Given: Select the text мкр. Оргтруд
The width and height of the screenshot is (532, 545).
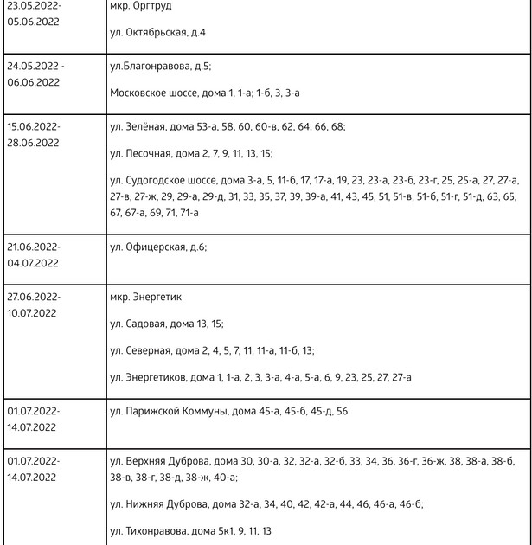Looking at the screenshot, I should (141, 5).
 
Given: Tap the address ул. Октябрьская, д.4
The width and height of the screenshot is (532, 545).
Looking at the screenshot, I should (159, 32).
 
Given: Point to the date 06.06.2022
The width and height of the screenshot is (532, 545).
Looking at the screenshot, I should (34, 82).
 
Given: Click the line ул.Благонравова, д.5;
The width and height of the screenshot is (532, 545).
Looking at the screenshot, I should (161, 66).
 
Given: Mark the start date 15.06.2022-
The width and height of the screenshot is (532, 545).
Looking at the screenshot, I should (34, 126).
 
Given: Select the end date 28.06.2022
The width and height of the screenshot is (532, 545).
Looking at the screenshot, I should (34, 143).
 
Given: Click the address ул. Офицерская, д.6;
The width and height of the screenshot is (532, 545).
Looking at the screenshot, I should (159, 247).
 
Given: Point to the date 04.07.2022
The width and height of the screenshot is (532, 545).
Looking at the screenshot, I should (34, 263).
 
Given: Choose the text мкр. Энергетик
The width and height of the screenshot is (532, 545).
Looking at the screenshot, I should (146, 297).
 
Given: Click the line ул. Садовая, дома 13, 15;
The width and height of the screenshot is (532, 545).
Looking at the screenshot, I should (167, 324).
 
